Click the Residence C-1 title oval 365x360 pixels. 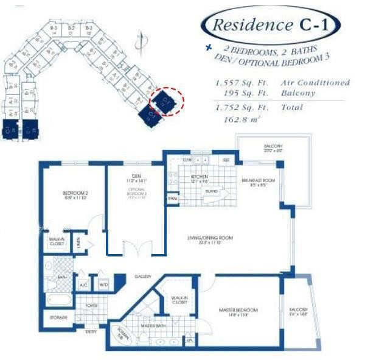tap(271, 25)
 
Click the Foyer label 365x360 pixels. tap(91, 306)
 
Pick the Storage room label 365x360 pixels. tap(59, 317)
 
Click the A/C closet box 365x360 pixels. tap(83, 284)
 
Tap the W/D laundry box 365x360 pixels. tap(103, 284)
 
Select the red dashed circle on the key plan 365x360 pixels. tap(166, 101)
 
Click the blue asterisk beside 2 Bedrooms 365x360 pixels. tap(209, 47)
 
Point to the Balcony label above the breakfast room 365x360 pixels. tap(273, 147)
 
